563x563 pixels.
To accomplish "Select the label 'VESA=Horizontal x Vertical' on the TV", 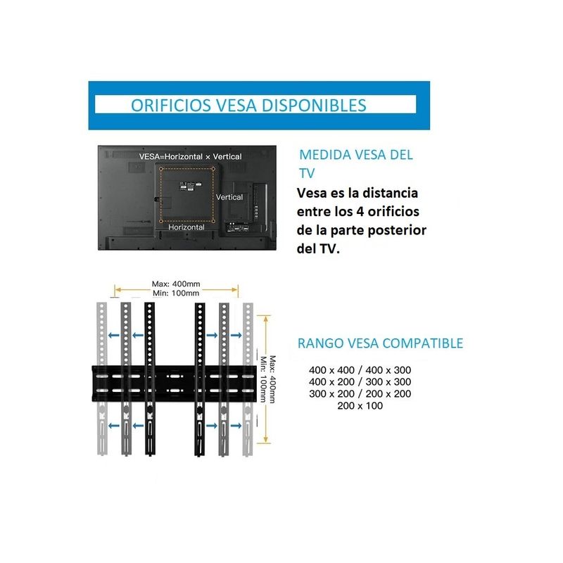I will (x=190, y=156).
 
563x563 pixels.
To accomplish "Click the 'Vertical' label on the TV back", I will (x=229, y=197).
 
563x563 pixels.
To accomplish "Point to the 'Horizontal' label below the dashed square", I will (x=186, y=227).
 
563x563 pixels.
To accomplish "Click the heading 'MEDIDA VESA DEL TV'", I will (x=355, y=163).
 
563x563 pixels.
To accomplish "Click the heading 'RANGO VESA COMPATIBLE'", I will (x=380, y=343).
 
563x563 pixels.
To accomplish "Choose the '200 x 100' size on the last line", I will (x=360, y=405).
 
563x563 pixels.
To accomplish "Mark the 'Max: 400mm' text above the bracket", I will (x=176, y=284).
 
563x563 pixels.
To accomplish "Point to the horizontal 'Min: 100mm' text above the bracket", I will (x=176, y=293).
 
